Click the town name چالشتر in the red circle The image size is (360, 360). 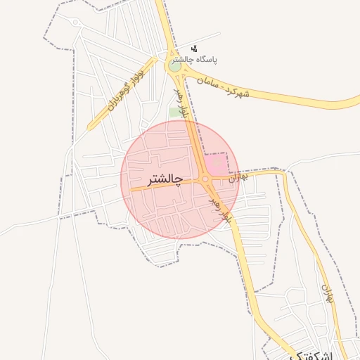[x=165, y=180]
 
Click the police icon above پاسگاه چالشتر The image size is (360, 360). [x=194, y=48]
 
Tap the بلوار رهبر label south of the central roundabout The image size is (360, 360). [x=219, y=210]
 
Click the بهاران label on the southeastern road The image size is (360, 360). [x=326, y=293]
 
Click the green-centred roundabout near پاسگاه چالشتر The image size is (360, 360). [x=174, y=65]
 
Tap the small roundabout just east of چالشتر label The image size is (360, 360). [x=206, y=180]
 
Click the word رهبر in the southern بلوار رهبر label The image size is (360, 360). [x=215, y=205]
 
